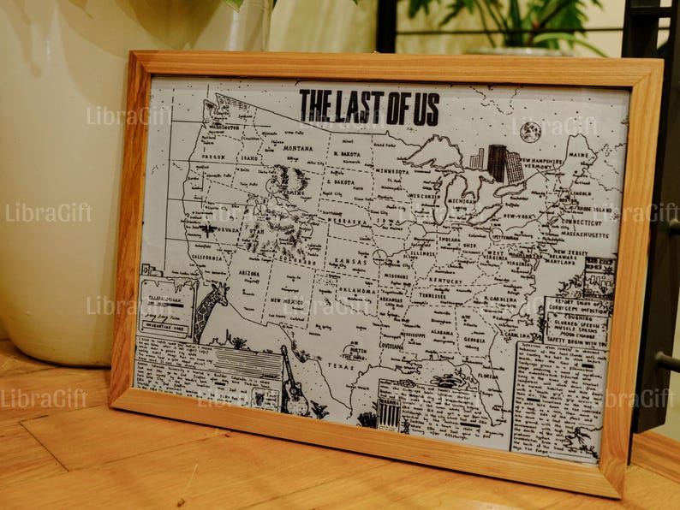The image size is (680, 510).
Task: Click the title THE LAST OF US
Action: coord(369,107)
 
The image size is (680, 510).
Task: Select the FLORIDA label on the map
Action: coord(489,375)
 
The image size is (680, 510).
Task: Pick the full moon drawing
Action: coord(529,131)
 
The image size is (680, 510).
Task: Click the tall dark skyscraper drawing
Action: coord(497,163)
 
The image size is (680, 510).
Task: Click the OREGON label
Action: coord(212,157)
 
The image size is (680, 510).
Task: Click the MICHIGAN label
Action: coord(459,202)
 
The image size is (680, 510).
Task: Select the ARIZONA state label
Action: coord(248,273)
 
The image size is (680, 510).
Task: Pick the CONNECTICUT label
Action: coord(582,222)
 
